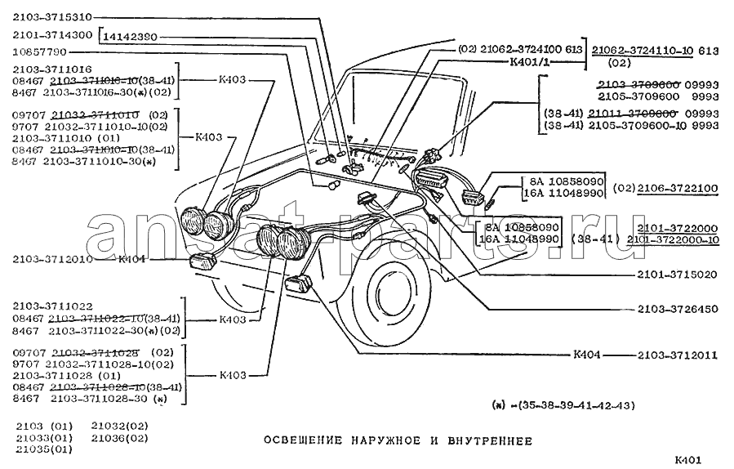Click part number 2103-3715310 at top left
click(51, 17)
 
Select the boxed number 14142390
click(130, 37)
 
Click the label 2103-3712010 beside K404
click(51, 260)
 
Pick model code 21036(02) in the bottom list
click(119, 438)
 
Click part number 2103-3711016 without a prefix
click(51, 70)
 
